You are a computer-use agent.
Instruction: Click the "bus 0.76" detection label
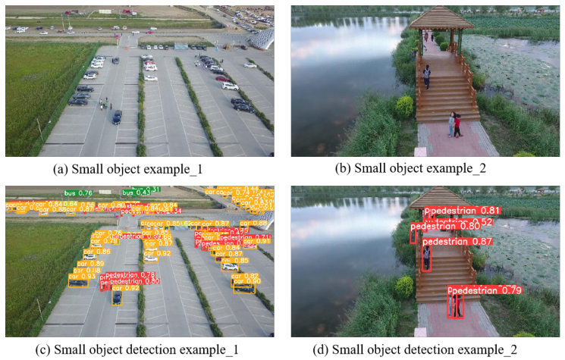click(x=78, y=193)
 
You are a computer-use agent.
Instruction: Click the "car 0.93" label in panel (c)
click(x=83, y=277)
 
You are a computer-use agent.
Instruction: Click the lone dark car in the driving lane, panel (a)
click(x=116, y=117)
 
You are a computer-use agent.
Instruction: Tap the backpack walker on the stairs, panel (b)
click(x=427, y=75)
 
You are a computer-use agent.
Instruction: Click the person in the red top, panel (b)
click(x=457, y=124)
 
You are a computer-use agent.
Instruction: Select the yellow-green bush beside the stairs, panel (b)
click(x=404, y=105)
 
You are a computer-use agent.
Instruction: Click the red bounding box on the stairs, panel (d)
click(x=427, y=258)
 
